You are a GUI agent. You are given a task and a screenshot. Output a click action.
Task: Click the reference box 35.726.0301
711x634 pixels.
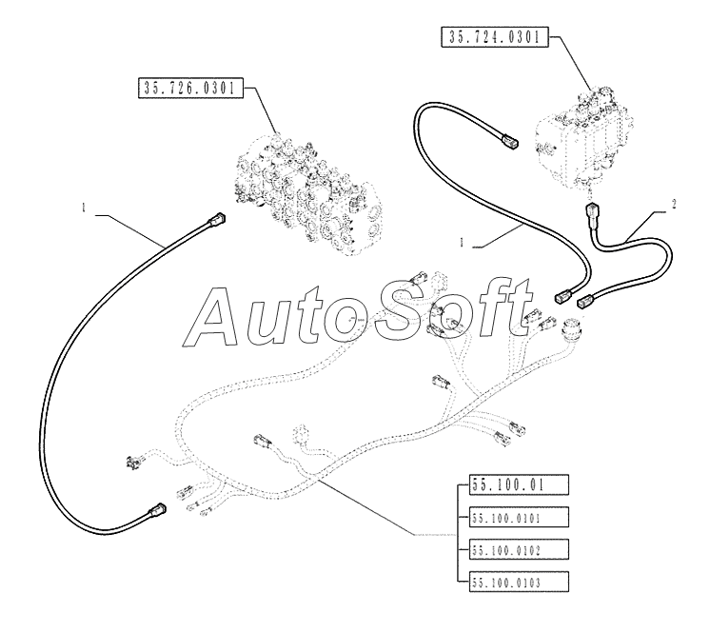click(190, 88)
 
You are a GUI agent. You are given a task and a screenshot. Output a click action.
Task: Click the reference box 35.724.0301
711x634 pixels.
click(495, 37)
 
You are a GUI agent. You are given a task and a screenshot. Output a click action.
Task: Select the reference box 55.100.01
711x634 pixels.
click(519, 485)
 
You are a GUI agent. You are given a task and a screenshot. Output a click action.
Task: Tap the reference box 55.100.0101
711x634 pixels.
click(519, 518)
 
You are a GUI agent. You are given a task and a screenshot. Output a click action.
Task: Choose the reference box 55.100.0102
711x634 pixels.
click(519, 549)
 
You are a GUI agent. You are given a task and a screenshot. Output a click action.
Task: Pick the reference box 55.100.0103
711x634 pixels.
click(519, 582)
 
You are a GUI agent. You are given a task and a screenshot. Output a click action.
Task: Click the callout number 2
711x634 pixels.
click(674, 205)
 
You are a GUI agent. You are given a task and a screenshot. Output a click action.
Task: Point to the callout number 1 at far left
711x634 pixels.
click(84, 208)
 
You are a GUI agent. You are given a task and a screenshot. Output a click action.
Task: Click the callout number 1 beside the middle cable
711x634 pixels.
click(462, 243)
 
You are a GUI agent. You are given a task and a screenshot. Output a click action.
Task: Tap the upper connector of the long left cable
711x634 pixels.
click(217, 221)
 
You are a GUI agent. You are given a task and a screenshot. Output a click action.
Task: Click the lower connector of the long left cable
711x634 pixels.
click(157, 510)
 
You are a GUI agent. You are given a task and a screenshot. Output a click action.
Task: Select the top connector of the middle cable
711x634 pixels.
click(509, 140)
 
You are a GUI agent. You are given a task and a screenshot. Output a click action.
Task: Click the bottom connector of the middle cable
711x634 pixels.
click(563, 296)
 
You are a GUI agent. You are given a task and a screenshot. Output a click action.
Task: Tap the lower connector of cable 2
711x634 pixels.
click(585, 301)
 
